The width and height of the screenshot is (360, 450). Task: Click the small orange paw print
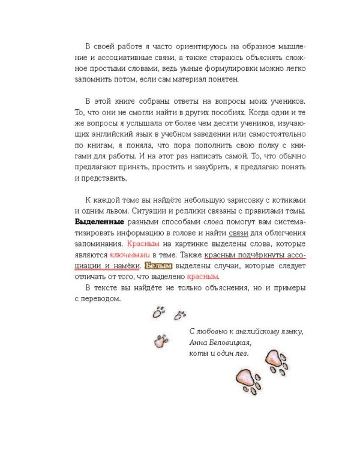[x=159, y=341]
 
